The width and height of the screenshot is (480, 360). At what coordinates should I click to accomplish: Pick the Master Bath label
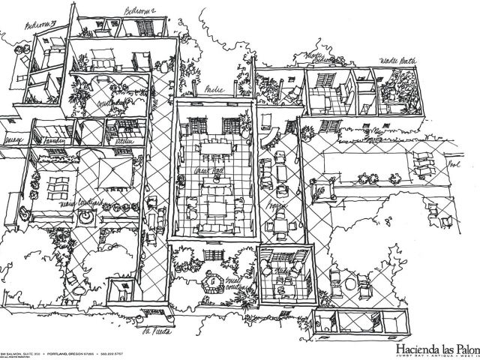[x=397, y=59]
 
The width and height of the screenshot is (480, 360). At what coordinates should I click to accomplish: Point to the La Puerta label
[x=152, y=331]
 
